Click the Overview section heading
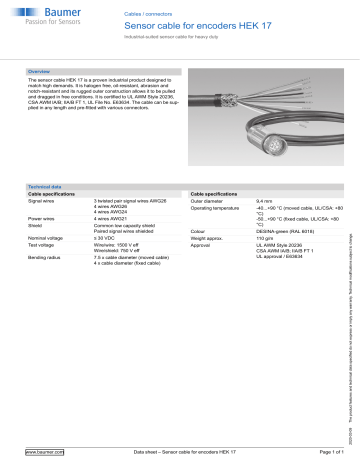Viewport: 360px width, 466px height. [x=41, y=73]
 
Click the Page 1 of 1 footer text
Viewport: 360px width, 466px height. [x=321, y=453]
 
